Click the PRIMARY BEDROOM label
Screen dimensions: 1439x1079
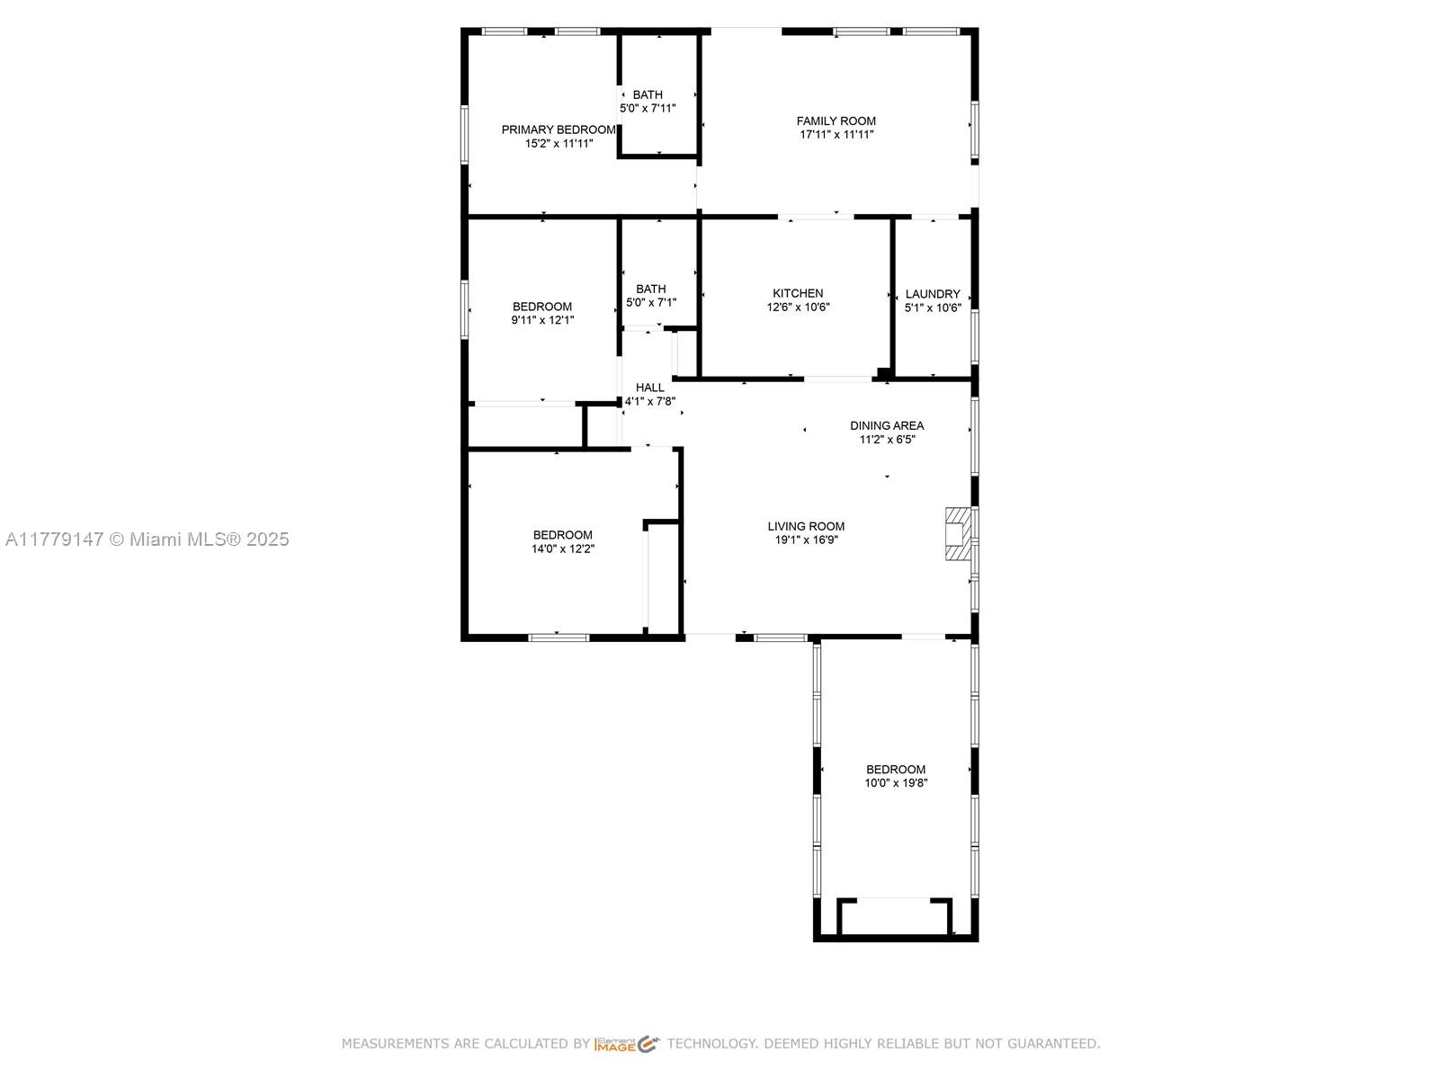pyautogui.click(x=558, y=129)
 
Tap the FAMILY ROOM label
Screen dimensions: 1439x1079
pyautogui.click(x=836, y=121)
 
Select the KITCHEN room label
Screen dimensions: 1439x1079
pyautogui.click(x=798, y=293)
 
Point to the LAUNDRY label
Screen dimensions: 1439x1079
pyautogui.click(x=933, y=294)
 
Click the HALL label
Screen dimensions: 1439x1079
pyautogui.click(x=649, y=388)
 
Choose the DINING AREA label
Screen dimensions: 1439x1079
pyautogui.click(x=887, y=426)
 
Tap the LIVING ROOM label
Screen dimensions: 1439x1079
pyautogui.click(x=806, y=527)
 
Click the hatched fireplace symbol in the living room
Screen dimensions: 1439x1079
pyautogui.click(x=956, y=534)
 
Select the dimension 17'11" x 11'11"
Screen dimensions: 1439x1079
pyautogui.click(x=836, y=135)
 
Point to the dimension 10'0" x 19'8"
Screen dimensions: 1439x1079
pyautogui.click(x=896, y=783)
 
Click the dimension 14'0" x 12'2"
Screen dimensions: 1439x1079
pyautogui.click(x=562, y=549)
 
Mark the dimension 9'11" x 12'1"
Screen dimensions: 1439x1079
pyautogui.click(x=542, y=320)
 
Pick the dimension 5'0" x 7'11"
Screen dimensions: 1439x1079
pyautogui.click(x=647, y=109)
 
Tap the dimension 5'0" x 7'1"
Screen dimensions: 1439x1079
pyautogui.click(x=650, y=303)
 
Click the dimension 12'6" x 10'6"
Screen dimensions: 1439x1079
pyautogui.click(x=798, y=308)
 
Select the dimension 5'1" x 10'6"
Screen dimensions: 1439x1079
pyautogui.click(x=933, y=308)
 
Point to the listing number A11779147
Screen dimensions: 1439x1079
pyautogui.click(x=55, y=539)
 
